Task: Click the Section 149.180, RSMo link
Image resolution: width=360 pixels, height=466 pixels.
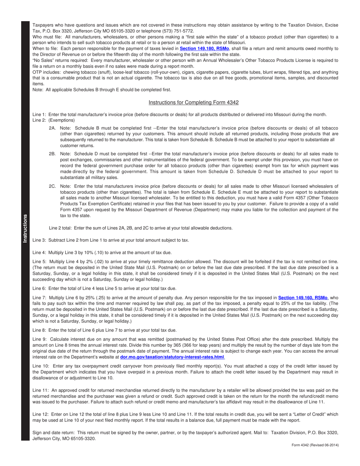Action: tap(204, 48)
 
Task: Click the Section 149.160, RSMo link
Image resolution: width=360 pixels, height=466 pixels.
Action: tap(303, 298)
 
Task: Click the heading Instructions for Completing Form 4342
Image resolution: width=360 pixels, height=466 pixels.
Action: tap(193, 102)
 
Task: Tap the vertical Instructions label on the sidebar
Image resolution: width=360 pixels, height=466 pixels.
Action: tap(25, 228)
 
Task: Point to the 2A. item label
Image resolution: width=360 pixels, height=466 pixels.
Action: tap(52, 128)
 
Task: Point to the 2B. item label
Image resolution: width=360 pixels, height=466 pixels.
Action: tap(52, 154)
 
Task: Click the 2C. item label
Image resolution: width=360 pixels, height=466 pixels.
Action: tap(52, 186)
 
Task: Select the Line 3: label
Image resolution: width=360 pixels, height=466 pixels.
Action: tap(39, 240)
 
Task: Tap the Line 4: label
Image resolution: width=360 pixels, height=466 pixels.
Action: tap(39, 252)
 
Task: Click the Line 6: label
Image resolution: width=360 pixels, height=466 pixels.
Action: tap(39, 288)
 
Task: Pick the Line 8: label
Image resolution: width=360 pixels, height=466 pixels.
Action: tap(39, 330)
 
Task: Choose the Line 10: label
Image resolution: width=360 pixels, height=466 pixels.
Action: tap(41, 366)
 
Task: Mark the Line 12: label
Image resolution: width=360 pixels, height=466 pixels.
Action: tap(41, 414)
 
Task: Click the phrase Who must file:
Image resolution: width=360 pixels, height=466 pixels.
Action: tap(47, 37)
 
